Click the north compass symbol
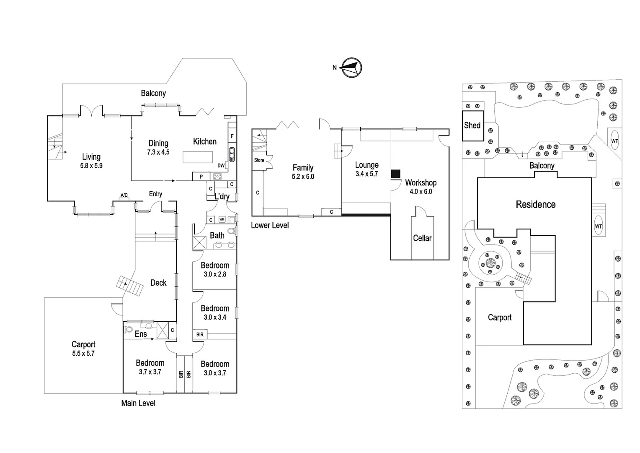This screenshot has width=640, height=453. click(351, 68)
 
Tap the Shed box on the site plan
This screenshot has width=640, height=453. click(472, 125)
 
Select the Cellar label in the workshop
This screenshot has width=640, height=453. click(422, 238)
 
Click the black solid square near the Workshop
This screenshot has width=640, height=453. click(395, 174)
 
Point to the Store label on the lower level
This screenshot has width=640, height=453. click(259, 160)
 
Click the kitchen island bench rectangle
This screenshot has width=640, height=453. click(198, 157)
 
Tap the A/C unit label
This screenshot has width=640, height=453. click(124, 195)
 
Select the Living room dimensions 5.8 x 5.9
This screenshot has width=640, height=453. click(91, 166)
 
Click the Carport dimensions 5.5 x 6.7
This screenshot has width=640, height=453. click(83, 354)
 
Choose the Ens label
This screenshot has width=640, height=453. click(141, 334)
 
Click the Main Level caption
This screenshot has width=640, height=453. click(138, 403)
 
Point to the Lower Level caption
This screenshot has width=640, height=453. click(270, 225)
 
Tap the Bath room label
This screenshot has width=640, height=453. click(217, 235)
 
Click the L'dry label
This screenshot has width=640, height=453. click(222, 196)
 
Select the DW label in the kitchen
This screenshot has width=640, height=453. click(221, 166)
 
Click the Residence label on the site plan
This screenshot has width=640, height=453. click(535, 205)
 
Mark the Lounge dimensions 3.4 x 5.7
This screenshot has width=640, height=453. click(366, 174)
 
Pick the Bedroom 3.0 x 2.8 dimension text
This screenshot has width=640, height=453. click(215, 274)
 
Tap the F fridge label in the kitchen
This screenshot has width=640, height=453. click(232, 136)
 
